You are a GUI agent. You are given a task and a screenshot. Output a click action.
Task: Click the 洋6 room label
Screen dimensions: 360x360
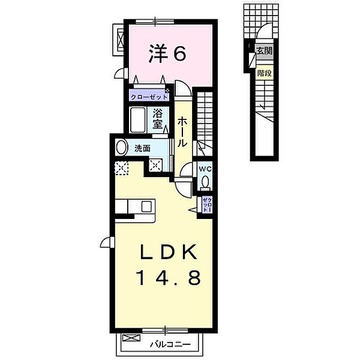167,53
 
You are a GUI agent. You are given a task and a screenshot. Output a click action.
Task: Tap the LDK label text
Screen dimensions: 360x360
169,252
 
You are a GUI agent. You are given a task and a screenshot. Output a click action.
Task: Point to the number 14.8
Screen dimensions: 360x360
169,277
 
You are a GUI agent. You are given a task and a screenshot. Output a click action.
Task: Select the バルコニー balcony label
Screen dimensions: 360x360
170,344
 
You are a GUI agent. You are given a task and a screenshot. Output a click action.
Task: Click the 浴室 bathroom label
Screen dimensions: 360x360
158,119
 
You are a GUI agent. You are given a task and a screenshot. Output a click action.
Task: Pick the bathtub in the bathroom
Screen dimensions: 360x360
138,119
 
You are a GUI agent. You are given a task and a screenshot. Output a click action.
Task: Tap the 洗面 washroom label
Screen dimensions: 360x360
142,149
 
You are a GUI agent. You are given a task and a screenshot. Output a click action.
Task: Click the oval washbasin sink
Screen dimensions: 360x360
122,148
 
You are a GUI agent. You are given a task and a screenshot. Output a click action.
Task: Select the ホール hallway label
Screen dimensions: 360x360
183,132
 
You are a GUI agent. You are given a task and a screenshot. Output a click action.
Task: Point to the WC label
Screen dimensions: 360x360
205,169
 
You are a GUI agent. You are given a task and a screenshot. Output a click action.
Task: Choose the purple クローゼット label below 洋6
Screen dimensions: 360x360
149,97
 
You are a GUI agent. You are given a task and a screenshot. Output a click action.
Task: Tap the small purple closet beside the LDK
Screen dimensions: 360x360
206,205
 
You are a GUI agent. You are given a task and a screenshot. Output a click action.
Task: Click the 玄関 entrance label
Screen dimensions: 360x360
265,51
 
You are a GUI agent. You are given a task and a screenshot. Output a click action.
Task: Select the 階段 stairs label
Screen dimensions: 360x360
265,73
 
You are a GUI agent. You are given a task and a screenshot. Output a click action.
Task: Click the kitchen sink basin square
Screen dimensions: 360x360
146,206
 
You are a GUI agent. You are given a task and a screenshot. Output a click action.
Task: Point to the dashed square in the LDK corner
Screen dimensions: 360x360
122,168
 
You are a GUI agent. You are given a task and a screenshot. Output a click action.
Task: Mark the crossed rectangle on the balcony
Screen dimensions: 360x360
131,338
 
